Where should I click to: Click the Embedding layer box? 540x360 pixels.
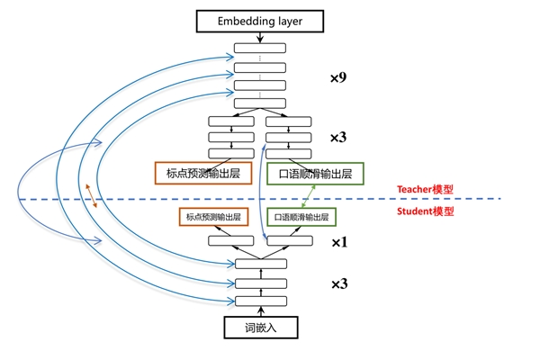259,19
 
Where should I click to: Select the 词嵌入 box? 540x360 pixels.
259,328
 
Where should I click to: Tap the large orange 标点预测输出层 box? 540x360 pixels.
208,172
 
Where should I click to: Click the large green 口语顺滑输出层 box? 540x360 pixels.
315,172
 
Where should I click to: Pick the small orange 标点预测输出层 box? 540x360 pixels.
213,217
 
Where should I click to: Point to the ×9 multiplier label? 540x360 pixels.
338,78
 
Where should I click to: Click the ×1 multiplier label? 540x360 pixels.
339,242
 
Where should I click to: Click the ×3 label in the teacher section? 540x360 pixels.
338,137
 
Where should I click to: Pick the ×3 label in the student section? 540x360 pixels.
339,283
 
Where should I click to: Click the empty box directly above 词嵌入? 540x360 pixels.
259,301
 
